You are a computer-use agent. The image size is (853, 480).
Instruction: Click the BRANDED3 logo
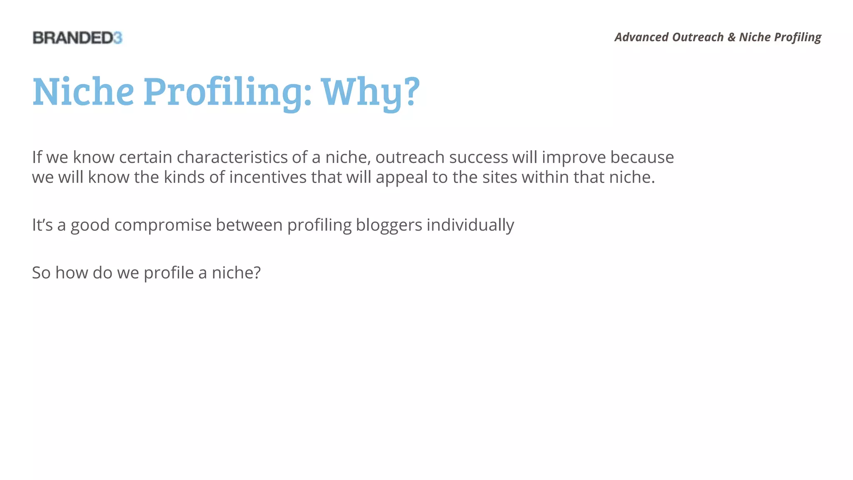click(77, 38)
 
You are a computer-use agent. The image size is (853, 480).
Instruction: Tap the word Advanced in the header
click(641, 37)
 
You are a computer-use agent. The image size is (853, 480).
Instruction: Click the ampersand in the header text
click(731, 37)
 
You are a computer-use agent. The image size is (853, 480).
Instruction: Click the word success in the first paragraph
click(478, 157)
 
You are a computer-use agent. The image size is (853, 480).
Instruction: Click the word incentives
click(268, 177)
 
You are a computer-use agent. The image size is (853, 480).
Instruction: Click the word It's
click(42, 225)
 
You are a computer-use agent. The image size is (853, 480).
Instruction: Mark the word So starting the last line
click(41, 273)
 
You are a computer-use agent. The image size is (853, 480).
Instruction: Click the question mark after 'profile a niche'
click(257, 273)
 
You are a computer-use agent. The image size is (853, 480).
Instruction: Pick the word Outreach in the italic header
click(698, 37)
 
